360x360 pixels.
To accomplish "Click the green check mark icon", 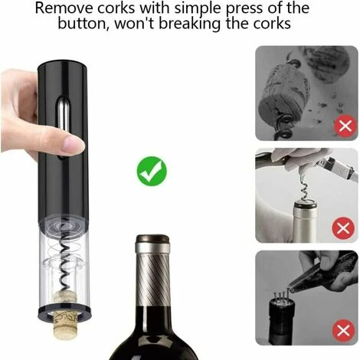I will [152, 170].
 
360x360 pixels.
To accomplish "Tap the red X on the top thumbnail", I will [345, 126].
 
